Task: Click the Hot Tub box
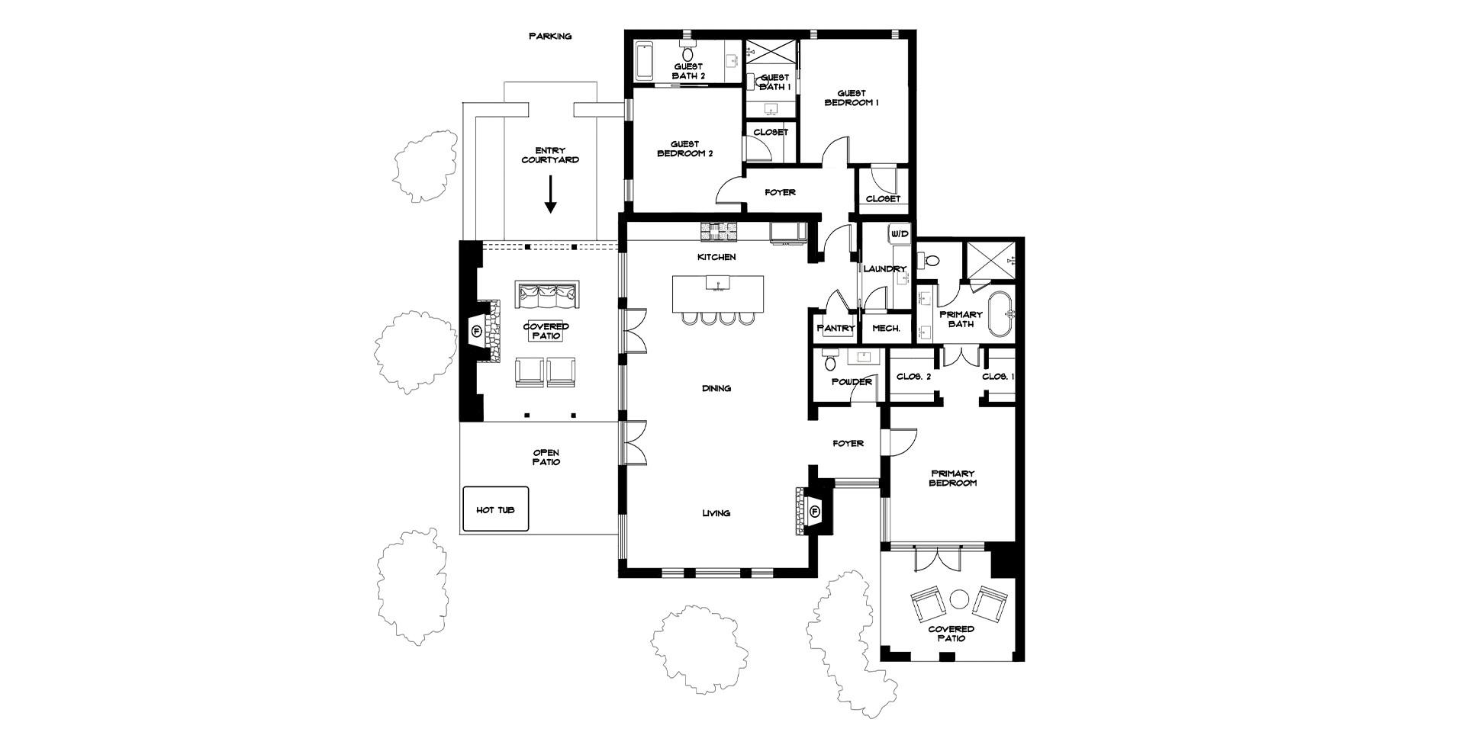[495, 509]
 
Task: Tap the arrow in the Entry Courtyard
[550, 195]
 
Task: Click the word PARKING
[550, 36]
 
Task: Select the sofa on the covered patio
[547, 294]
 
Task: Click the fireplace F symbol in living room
[815, 511]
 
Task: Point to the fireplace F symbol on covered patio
[477, 331]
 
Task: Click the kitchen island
[717, 294]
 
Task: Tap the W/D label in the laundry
[900, 233]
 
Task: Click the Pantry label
[836, 329]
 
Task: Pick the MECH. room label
[887, 329]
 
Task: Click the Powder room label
[851, 382]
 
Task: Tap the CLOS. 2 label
[913, 377]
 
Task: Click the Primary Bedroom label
[953, 478]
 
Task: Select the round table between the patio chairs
[959, 599]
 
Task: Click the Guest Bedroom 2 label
[684, 149]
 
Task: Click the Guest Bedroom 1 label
[852, 98]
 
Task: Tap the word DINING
[716, 388]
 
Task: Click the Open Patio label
[546, 457]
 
